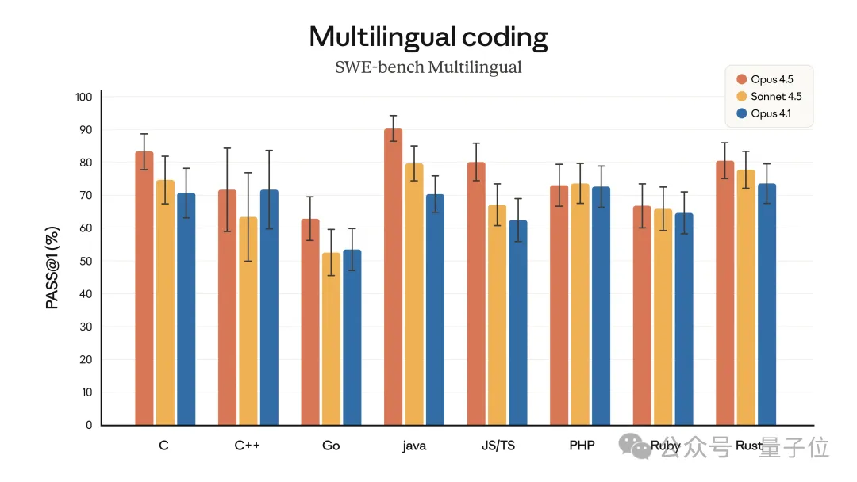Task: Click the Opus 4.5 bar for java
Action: pos(393,277)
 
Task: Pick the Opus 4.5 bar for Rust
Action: pos(724,293)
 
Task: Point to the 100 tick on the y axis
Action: pos(84,97)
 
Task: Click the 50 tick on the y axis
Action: pos(86,261)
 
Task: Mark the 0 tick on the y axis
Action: pos(89,425)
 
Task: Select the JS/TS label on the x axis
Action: pos(498,446)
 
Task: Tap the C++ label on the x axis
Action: pos(248,446)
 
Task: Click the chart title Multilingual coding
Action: pos(428,36)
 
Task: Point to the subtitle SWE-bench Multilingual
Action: pos(428,67)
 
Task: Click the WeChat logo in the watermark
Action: pos(639,446)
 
